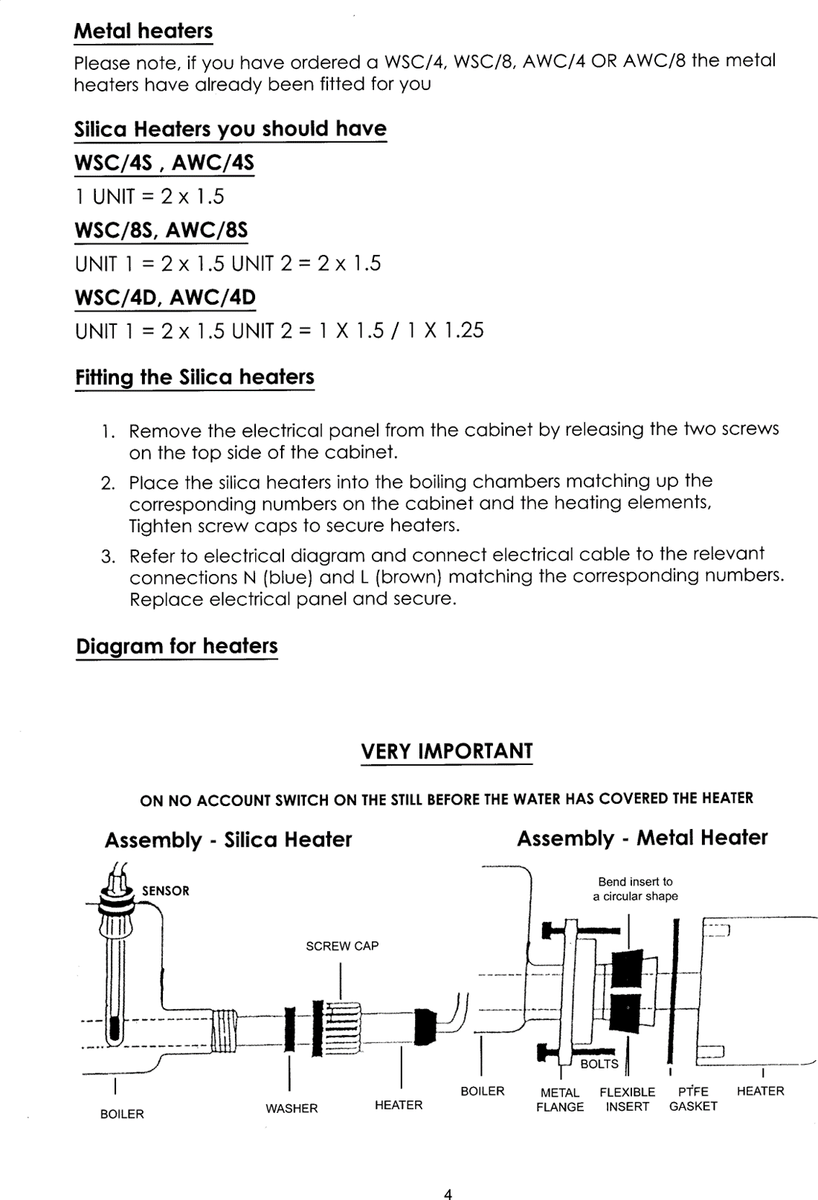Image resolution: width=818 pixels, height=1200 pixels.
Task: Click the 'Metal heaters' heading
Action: (144, 31)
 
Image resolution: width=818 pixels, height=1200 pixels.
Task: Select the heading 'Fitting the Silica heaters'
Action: (195, 377)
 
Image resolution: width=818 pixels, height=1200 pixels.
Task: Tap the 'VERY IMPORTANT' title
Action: (447, 751)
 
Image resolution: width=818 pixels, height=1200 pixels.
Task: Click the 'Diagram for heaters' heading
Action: (177, 645)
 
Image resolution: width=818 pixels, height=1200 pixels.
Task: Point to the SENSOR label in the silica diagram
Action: (166, 891)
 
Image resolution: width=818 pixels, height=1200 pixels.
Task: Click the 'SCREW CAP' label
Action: (342, 946)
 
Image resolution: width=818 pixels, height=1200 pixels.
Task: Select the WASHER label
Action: (292, 1109)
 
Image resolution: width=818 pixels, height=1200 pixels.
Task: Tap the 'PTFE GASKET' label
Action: (693, 1099)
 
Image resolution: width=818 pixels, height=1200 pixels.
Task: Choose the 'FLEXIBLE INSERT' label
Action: (628, 1099)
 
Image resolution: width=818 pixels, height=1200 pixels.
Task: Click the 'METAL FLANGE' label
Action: (560, 1100)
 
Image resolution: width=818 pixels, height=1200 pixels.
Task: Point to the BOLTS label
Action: (599, 1064)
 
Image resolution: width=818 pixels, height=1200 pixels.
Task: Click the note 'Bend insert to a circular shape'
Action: (635, 888)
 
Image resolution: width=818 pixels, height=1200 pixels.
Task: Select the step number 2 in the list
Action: (107, 483)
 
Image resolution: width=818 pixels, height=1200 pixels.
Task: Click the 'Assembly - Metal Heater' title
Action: (642, 838)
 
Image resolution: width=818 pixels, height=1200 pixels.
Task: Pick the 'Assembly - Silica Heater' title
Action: (228, 839)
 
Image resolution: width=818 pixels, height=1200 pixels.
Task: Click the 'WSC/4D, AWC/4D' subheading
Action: (165, 297)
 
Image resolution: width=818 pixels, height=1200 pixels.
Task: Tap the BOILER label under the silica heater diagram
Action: (122, 1114)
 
